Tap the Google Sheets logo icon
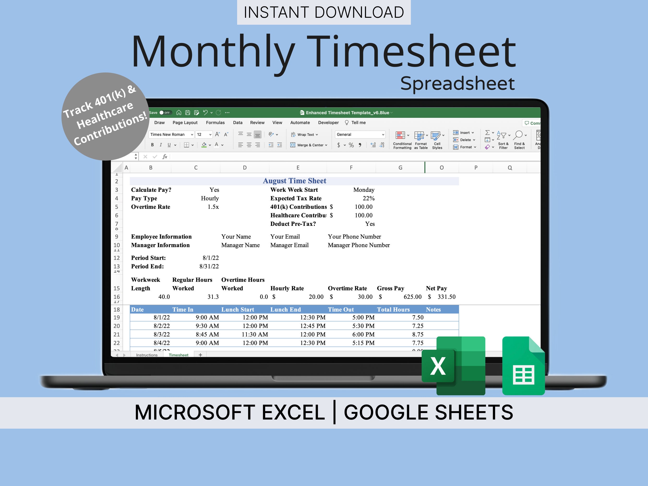(523, 366)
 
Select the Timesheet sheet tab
(178, 355)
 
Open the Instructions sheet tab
(147, 355)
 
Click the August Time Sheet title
(294, 181)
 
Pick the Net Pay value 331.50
(446, 297)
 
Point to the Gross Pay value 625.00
(412, 297)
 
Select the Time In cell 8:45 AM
(207, 334)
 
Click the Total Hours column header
(393, 309)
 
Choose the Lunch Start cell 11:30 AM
(255, 334)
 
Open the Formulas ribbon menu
(215, 122)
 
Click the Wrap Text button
(304, 134)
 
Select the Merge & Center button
(309, 145)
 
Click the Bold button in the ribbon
(152, 145)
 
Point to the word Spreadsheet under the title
(457, 84)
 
